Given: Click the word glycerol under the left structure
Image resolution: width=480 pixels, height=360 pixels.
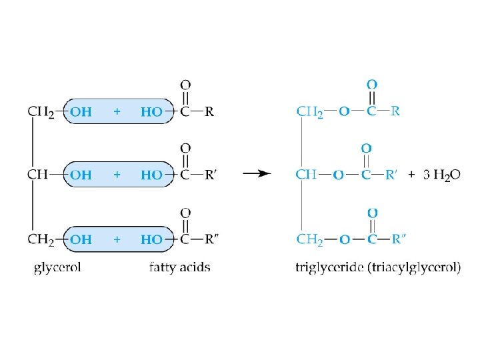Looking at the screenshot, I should click(57, 268).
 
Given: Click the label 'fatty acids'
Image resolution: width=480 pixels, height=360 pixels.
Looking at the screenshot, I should click(179, 268).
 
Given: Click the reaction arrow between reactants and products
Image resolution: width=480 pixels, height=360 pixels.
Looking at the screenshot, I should click(257, 174).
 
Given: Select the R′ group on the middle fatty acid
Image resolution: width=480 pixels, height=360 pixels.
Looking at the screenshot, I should click(211, 175).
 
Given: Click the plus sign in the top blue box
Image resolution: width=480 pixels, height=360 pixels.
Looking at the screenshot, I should click(117, 111).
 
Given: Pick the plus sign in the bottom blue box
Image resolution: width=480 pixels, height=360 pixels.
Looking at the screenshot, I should click(117, 239).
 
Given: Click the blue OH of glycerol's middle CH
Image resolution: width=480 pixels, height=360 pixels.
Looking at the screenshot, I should click(81, 175).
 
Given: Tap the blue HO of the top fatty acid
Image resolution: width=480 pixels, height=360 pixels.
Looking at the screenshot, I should click(151, 111).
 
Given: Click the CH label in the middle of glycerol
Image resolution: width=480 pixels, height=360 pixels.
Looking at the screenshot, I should click(37, 175).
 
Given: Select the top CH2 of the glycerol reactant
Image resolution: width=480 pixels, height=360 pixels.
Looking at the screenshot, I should click(39, 112).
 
